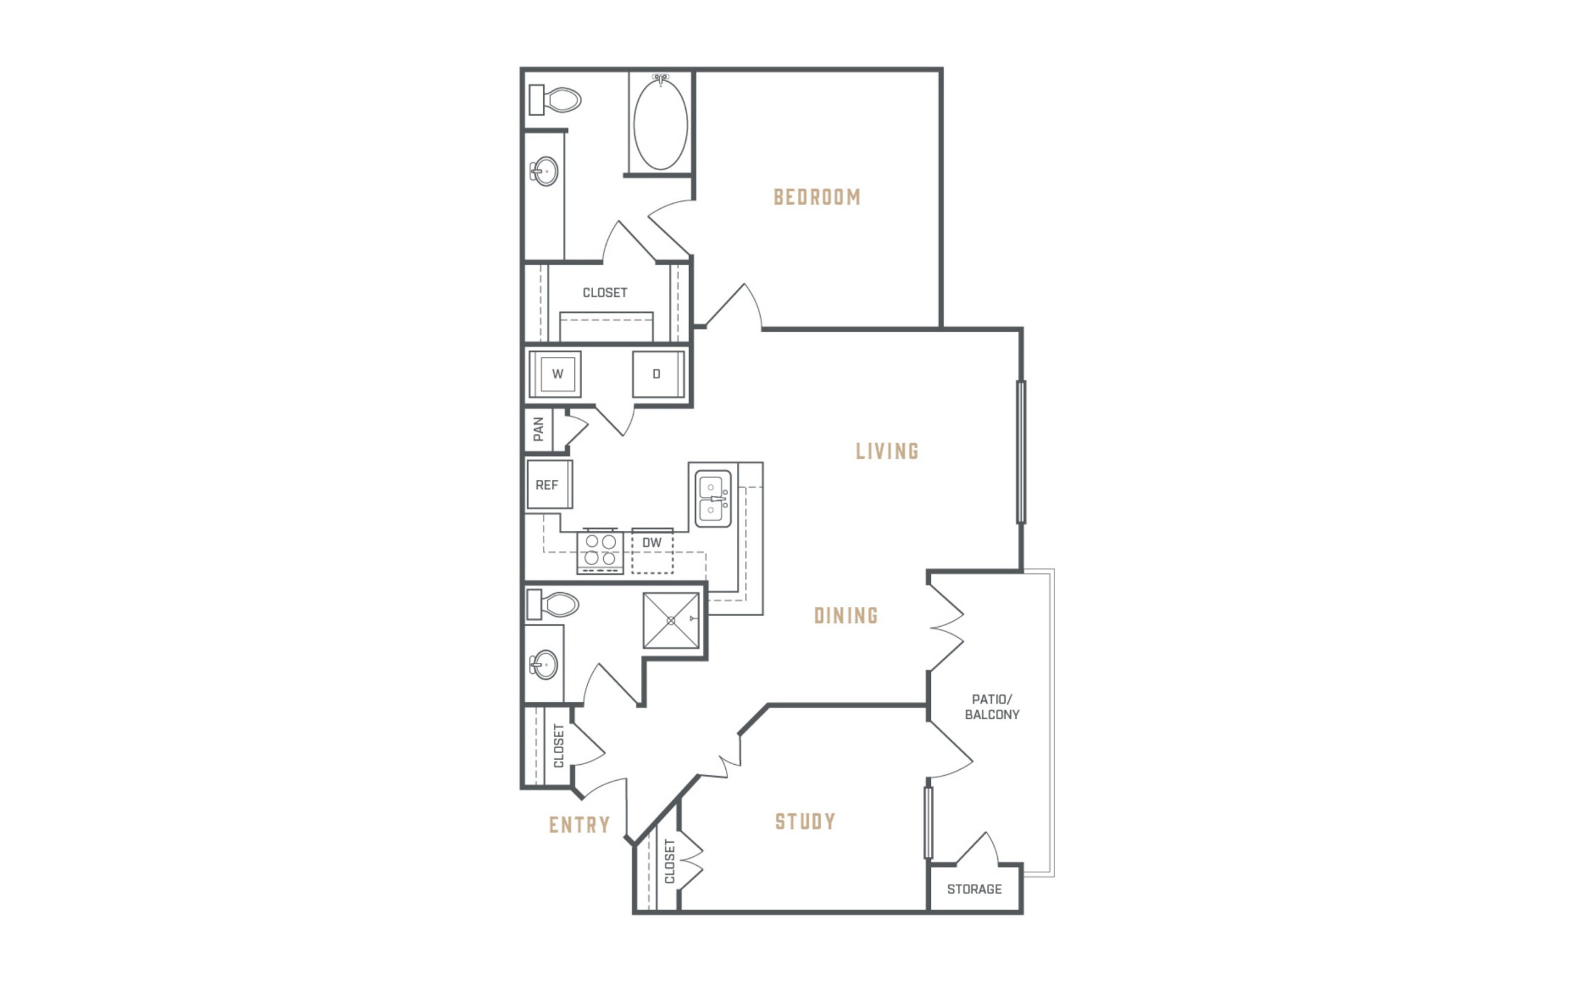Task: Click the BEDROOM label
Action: [817, 197]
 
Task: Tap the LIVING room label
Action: [887, 452]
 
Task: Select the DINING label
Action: [846, 616]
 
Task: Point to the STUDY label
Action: [805, 822]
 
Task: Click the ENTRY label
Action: [580, 826]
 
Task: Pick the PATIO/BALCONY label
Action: [992, 707]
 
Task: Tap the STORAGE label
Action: [975, 889]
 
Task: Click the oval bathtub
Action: [660, 123]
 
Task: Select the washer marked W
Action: [555, 374]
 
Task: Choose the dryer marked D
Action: [658, 374]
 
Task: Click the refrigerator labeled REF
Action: [550, 485]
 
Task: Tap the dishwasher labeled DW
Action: [652, 551]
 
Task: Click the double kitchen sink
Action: [713, 499]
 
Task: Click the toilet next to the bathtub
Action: [554, 100]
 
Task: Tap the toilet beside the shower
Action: [553, 605]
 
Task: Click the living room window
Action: [1021, 452]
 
